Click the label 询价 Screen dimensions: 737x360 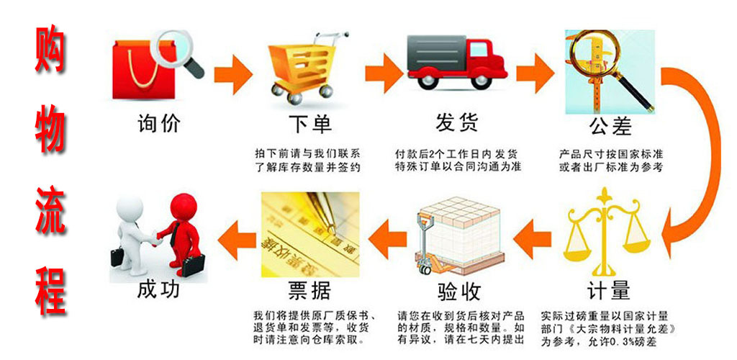point(158,123)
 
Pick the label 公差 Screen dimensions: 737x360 point(610,126)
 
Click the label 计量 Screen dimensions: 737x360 point(608,291)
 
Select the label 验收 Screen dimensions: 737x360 point(458,291)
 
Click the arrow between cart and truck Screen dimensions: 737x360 point(382,71)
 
